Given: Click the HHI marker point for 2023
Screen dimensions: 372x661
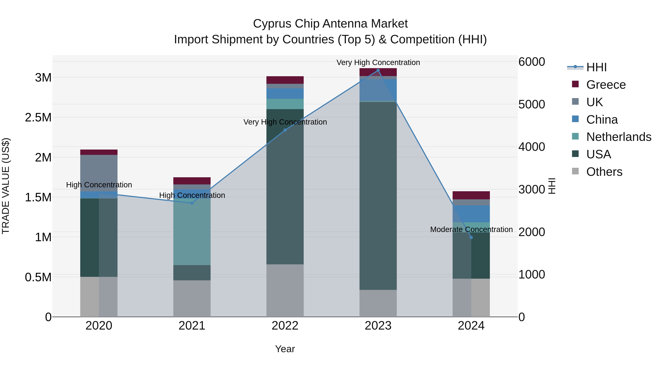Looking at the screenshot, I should pyautogui.click(x=378, y=70).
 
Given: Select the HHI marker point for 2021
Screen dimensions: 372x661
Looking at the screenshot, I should pyautogui.click(x=192, y=203).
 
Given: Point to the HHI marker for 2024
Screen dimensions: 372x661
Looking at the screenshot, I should pyautogui.click(x=471, y=238).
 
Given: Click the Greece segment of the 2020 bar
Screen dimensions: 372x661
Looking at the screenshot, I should pyautogui.click(x=99, y=152).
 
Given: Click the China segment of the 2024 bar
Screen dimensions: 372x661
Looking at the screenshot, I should pyautogui.click(x=471, y=214).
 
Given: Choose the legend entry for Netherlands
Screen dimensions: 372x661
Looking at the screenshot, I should pyautogui.click(x=618, y=137).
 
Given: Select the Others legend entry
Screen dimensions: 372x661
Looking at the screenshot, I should pyautogui.click(x=604, y=172).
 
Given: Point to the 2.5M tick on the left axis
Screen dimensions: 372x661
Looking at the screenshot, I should pyautogui.click(x=38, y=118).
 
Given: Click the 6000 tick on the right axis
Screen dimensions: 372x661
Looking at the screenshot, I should pyautogui.click(x=531, y=62).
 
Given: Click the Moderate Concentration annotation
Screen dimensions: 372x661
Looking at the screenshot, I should pyautogui.click(x=471, y=229).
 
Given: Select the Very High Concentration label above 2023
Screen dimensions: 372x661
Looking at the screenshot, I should pyautogui.click(x=378, y=62).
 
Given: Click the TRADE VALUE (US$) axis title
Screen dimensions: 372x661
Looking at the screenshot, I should pyautogui.click(x=6, y=186).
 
